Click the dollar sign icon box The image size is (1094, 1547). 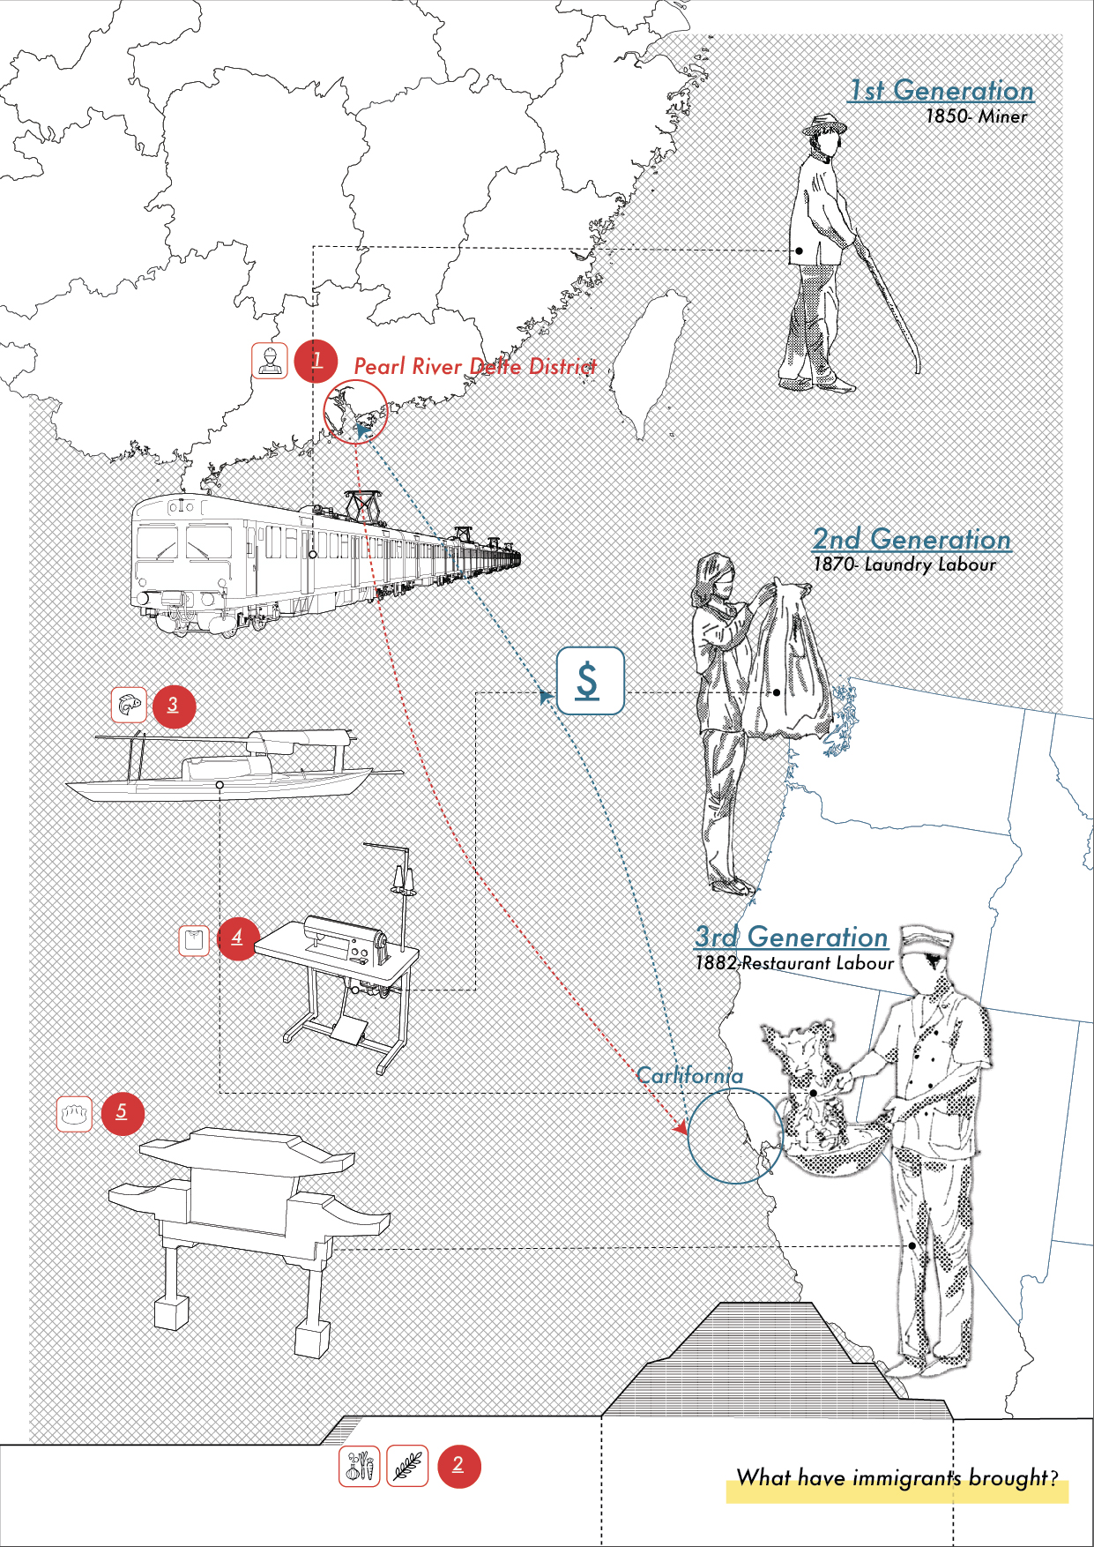pyautogui.click(x=590, y=681)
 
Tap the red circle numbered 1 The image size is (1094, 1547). pyautogui.click(x=316, y=362)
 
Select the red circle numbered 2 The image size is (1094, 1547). pyautogui.click(x=458, y=1466)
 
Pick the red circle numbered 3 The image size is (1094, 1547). pyautogui.click(x=174, y=706)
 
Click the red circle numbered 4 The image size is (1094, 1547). pyautogui.click(x=238, y=938)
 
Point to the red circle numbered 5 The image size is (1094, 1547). pyautogui.click(x=123, y=1113)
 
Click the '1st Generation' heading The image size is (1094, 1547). pyautogui.click(x=941, y=91)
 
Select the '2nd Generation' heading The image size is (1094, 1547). pyautogui.click(x=912, y=539)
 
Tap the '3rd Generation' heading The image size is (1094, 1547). pyautogui.click(x=791, y=937)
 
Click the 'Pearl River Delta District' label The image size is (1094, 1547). pyautogui.click(x=474, y=366)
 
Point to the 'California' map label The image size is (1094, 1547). pyautogui.click(x=689, y=1076)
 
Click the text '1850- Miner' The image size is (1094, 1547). pyautogui.click(x=976, y=116)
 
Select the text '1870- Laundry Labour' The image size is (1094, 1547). pyautogui.click(x=904, y=564)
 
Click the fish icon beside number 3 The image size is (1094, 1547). pyautogui.click(x=129, y=705)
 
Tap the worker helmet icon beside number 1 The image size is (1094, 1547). pyautogui.click(x=270, y=361)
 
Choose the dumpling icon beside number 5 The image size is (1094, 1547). pyautogui.click(x=74, y=1114)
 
